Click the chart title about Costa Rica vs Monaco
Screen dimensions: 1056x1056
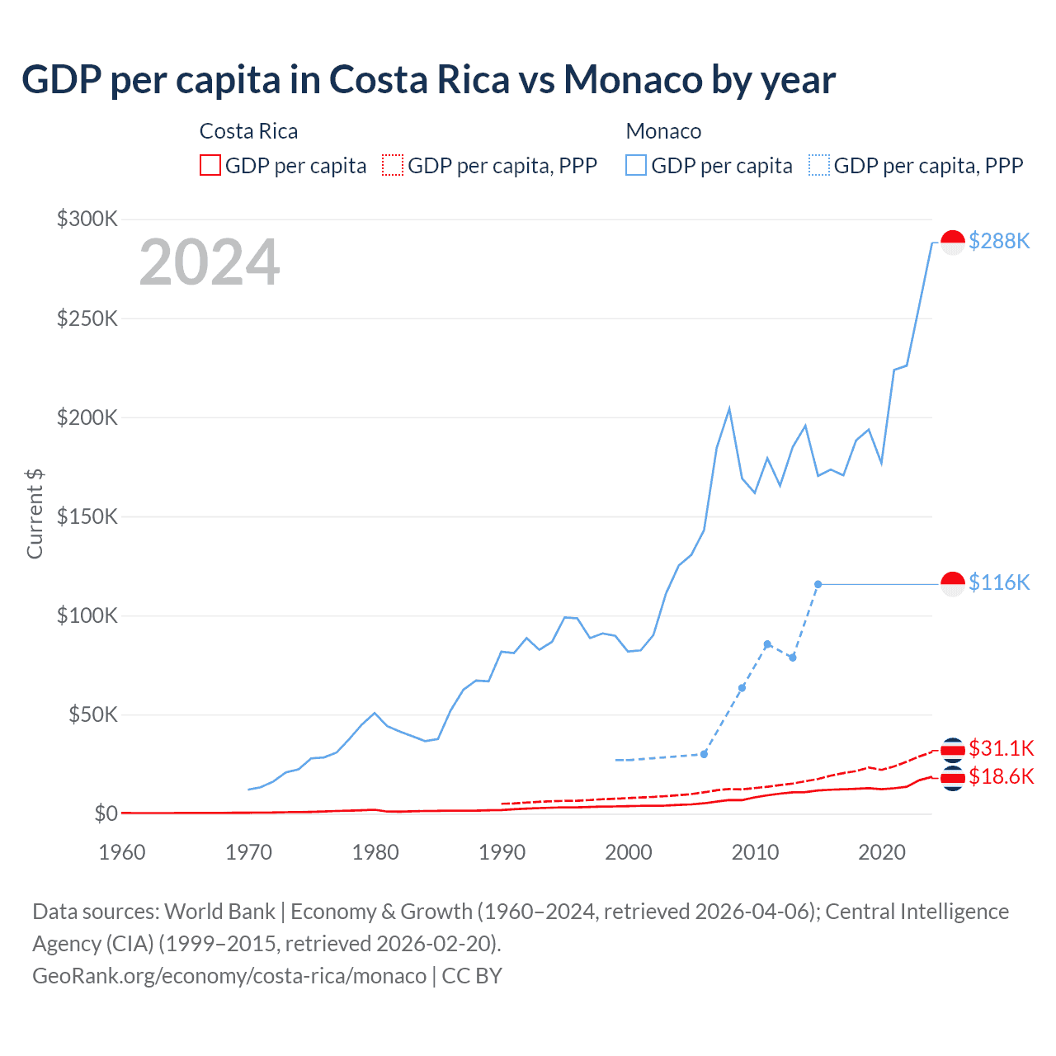coord(428,80)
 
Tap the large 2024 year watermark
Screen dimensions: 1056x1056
coord(210,262)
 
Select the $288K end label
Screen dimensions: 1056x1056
coord(999,241)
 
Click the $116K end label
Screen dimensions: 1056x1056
coord(999,582)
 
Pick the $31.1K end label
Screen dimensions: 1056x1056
coord(1001,748)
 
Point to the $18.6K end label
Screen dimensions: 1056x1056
coord(1001,776)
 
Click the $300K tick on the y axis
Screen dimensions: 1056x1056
coord(87,219)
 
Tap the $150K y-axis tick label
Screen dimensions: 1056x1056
coord(87,516)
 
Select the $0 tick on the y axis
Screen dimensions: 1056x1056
coord(106,813)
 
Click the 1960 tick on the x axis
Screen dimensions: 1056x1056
coord(122,852)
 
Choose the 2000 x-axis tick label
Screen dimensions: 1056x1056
coord(629,852)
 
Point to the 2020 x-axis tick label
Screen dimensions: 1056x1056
coord(882,852)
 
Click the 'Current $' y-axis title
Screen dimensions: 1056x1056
coord(35,513)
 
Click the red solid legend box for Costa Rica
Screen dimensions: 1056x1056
coord(210,166)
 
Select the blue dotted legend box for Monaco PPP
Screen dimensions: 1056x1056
coord(819,166)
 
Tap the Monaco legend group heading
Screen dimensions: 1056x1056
coord(663,131)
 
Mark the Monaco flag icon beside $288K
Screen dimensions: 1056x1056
coord(953,243)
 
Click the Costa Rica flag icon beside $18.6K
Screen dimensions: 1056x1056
coord(953,778)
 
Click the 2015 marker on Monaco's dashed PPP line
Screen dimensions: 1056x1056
coord(818,584)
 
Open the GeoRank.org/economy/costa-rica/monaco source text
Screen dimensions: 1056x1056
coord(229,976)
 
